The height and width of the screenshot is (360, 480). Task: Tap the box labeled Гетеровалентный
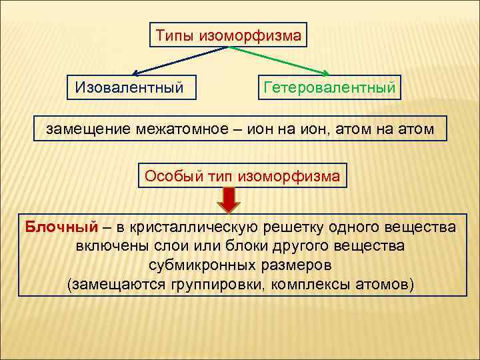point(329,87)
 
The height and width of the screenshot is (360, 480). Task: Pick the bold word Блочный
point(61,227)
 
